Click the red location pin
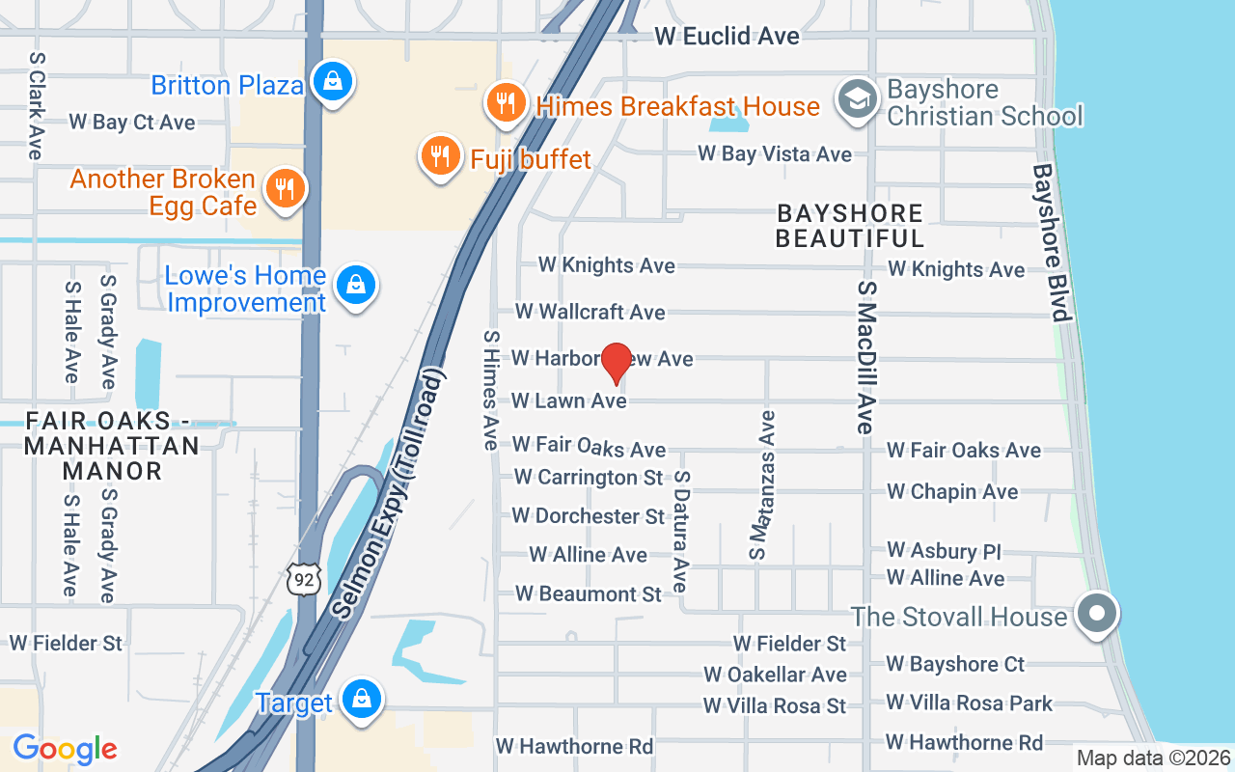click(x=617, y=363)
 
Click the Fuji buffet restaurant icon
click(x=440, y=155)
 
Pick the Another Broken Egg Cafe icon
click(x=284, y=188)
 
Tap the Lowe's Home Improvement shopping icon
click(x=356, y=286)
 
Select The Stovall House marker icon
click(x=1096, y=613)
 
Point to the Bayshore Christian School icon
click(x=856, y=100)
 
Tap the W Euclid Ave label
click(x=727, y=37)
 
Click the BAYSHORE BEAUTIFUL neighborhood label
click(x=850, y=225)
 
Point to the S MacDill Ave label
click(x=865, y=357)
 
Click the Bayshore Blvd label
click(x=1052, y=241)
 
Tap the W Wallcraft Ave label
click(x=590, y=312)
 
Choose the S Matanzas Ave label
click(x=762, y=485)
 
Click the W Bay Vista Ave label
click(x=775, y=154)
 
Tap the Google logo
click(x=65, y=748)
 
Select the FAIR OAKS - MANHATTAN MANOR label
click(x=112, y=446)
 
